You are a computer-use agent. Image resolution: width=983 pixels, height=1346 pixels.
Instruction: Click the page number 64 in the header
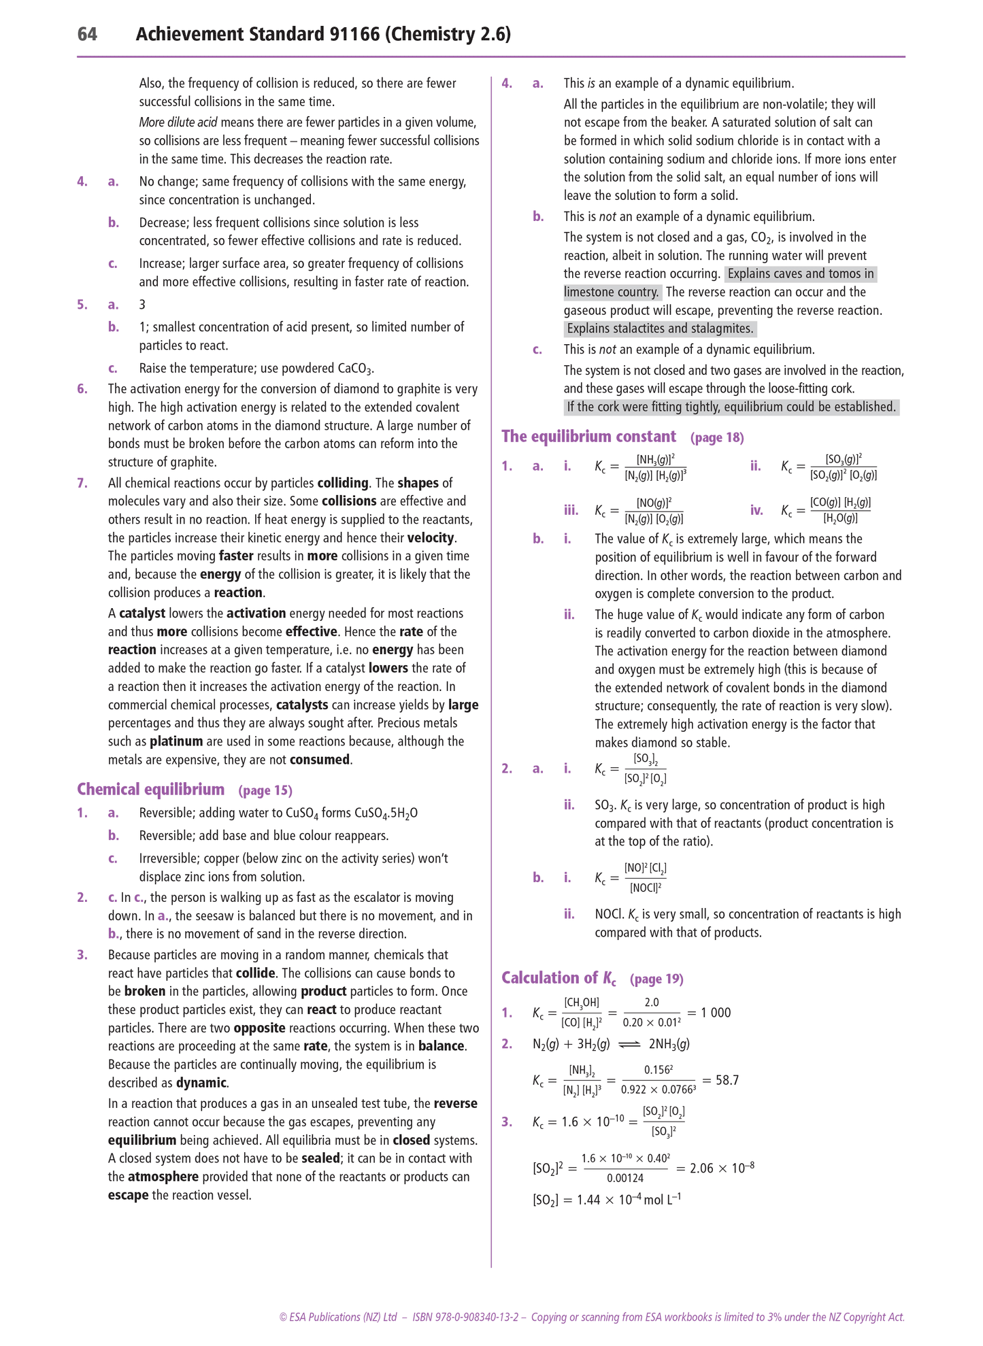click(87, 34)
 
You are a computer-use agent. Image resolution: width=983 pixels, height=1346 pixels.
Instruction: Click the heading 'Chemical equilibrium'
click(150, 789)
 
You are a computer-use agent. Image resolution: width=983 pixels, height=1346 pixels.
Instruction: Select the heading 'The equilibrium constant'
click(588, 436)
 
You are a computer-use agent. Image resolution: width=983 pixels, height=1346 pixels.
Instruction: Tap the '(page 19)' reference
click(656, 979)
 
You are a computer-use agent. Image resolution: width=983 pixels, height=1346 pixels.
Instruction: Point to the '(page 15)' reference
click(265, 790)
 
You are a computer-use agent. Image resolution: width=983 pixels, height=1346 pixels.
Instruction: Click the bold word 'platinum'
click(176, 741)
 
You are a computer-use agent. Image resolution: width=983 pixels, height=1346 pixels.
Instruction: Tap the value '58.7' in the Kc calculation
click(727, 1080)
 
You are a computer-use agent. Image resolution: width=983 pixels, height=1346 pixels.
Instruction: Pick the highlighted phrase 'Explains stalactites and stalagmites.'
click(660, 329)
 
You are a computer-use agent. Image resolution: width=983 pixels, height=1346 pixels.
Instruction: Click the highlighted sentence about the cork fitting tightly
click(731, 407)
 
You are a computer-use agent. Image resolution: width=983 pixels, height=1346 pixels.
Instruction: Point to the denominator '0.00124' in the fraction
click(625, 1177)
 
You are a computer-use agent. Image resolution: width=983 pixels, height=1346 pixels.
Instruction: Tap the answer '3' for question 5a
click(142, 305)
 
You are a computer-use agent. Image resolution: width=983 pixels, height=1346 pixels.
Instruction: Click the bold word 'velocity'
click(431, 538)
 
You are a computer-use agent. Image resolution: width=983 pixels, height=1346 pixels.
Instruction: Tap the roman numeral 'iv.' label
click(756, 510)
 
